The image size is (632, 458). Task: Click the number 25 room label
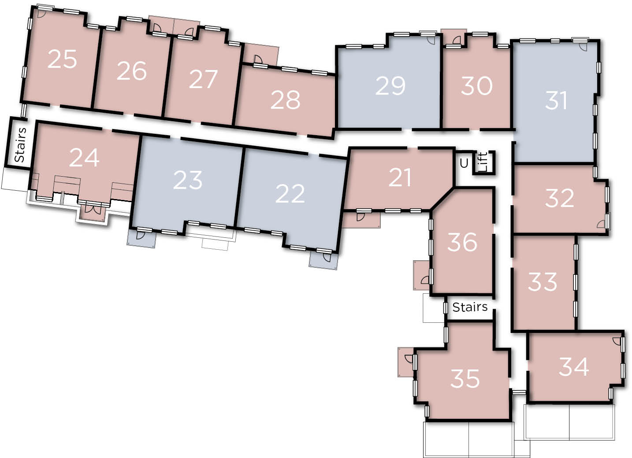pos(62,59)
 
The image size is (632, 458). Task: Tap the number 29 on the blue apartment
pos(390,86)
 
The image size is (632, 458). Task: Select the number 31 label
pos(556,100)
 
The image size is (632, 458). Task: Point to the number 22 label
pos(290,194)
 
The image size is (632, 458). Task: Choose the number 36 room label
pos(462,242)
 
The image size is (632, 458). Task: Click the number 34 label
pos(574,367)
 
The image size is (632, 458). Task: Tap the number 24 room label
pos(84,158)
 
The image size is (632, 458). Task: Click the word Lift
pos(483,162)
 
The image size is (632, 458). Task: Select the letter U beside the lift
pos(464,163)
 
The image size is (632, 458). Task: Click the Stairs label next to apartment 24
pos(20,145)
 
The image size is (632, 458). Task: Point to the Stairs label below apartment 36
pos(470,307)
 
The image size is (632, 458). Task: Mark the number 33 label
pos(543,282)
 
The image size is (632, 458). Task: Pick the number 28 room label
pos(285,100)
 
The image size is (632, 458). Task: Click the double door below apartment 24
pos(93,209)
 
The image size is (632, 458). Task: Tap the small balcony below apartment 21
pos(361,220)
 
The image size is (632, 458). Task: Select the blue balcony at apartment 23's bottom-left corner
pos(141,239)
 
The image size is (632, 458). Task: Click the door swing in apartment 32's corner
pos(601,224)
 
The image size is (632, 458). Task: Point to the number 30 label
pos(477,86)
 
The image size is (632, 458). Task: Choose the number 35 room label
pos(465,379)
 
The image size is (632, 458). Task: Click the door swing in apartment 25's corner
pos(42,14)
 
